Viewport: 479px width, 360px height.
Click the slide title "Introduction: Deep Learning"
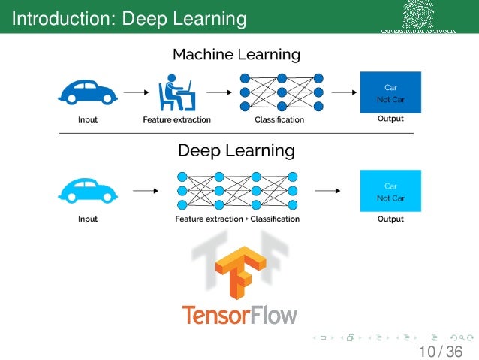[x=130, y=17]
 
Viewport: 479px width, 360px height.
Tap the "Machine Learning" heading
[x=236, y=55]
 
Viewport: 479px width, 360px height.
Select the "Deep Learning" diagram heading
[x=236, y=150]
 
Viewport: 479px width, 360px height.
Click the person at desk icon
[x=176, y=92]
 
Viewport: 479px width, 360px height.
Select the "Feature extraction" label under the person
[x=177, y=119]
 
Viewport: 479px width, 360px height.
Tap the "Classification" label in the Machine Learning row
[x=279, y=119]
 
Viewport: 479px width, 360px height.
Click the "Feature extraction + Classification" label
[x=237, y=219]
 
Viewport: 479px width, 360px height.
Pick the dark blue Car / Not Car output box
[x=390, y=92]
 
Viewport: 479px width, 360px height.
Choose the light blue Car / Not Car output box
[x=390, y=192]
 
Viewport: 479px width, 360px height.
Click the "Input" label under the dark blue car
[x=88, y=119]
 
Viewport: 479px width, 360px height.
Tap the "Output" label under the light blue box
[x=390, y=219]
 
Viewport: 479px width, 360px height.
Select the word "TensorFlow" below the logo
[x=239, y=315]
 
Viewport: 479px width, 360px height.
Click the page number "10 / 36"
[x=441, y=351]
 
